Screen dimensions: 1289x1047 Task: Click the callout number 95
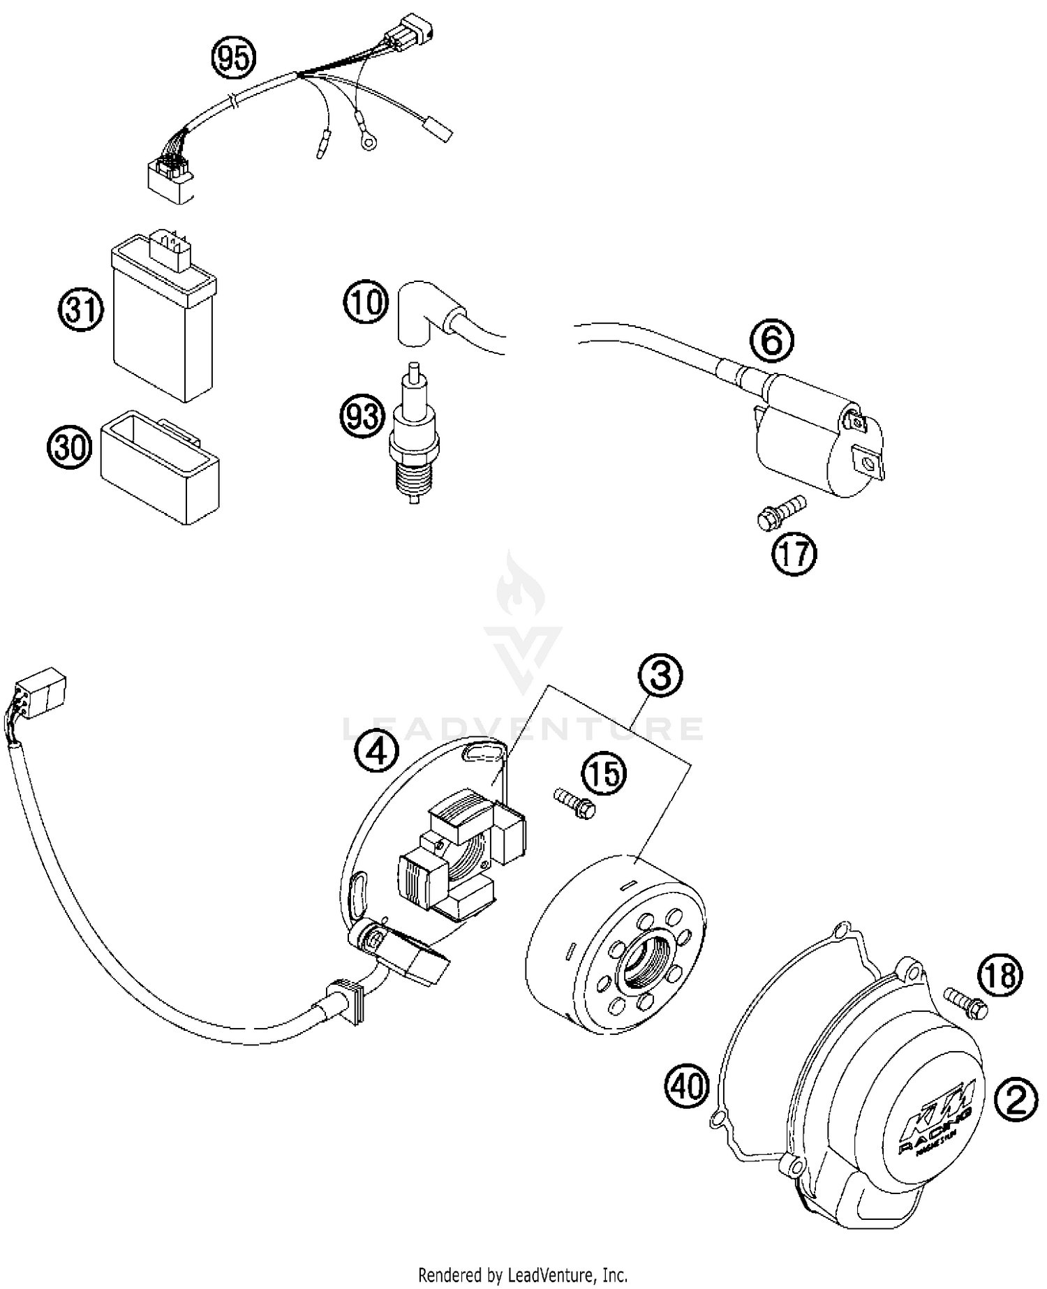pos(234,59)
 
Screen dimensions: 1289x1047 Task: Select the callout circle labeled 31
pos(80,310)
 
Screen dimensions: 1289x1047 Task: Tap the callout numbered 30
pos(70,446)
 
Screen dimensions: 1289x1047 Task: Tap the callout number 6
pos(771,343)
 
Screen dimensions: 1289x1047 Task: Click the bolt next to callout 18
pos(966,999)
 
